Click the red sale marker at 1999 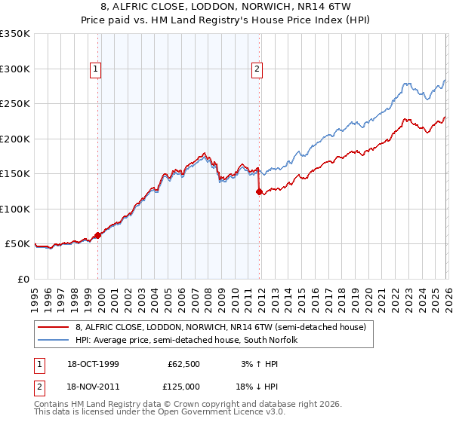(98, 235)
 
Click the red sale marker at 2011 (259, 191)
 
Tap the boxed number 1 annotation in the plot (96, 69)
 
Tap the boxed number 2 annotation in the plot (257, 69)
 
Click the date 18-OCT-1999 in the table (93, 364)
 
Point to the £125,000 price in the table (182, 386)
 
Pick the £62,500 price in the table (184, 364)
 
